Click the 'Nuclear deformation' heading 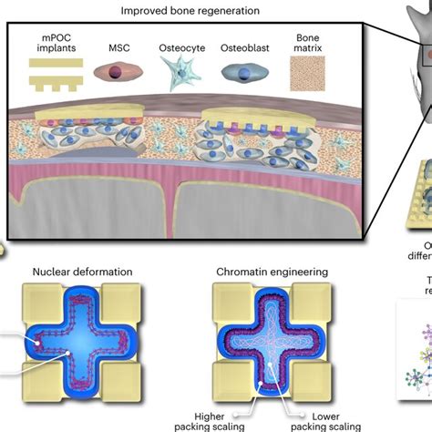pos(81,271)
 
